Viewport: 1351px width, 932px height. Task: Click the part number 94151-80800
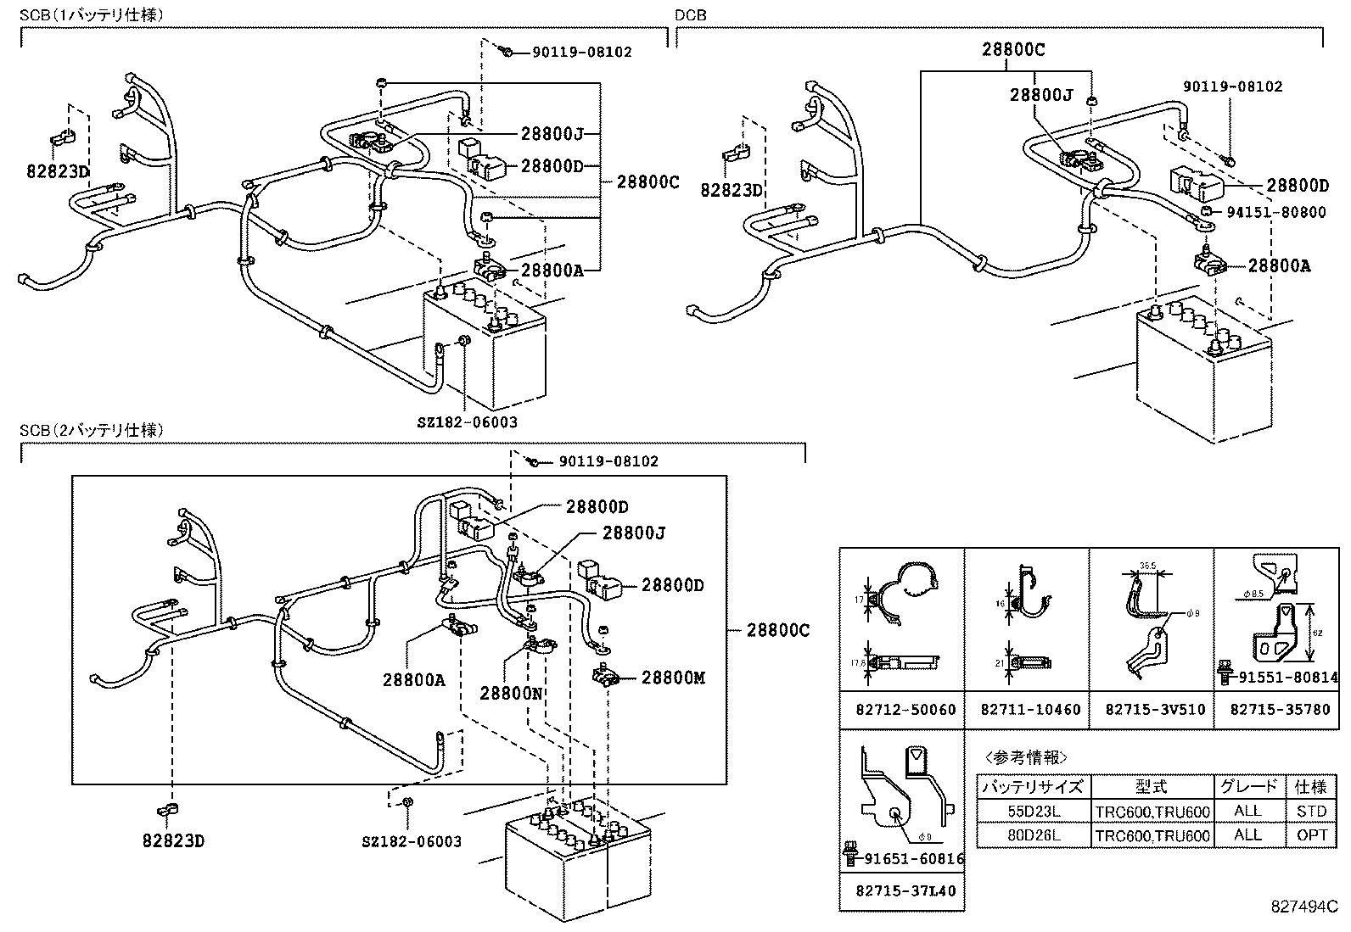click(x=1275, y=212)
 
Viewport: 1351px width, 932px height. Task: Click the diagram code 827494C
click(x=1303, y=907)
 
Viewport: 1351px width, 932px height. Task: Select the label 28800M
click(x=673, y=678)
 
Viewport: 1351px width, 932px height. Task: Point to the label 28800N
click(x=511, y=693)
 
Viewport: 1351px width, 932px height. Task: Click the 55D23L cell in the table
click(x=1033, y=812)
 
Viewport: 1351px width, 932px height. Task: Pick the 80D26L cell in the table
click(x=1033, y=835)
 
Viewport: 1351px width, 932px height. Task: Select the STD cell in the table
click(x=1311, y=812)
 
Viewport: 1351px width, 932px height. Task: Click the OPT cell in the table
click(x=1311, y=835)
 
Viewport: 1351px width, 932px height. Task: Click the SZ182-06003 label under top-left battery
click(x=467, y=421)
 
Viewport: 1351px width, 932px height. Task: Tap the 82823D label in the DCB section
click(x=731, y=190)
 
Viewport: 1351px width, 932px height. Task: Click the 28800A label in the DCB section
click(x=1279, y=266)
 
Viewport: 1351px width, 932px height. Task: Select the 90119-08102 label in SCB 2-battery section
click(x=608, y=461)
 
